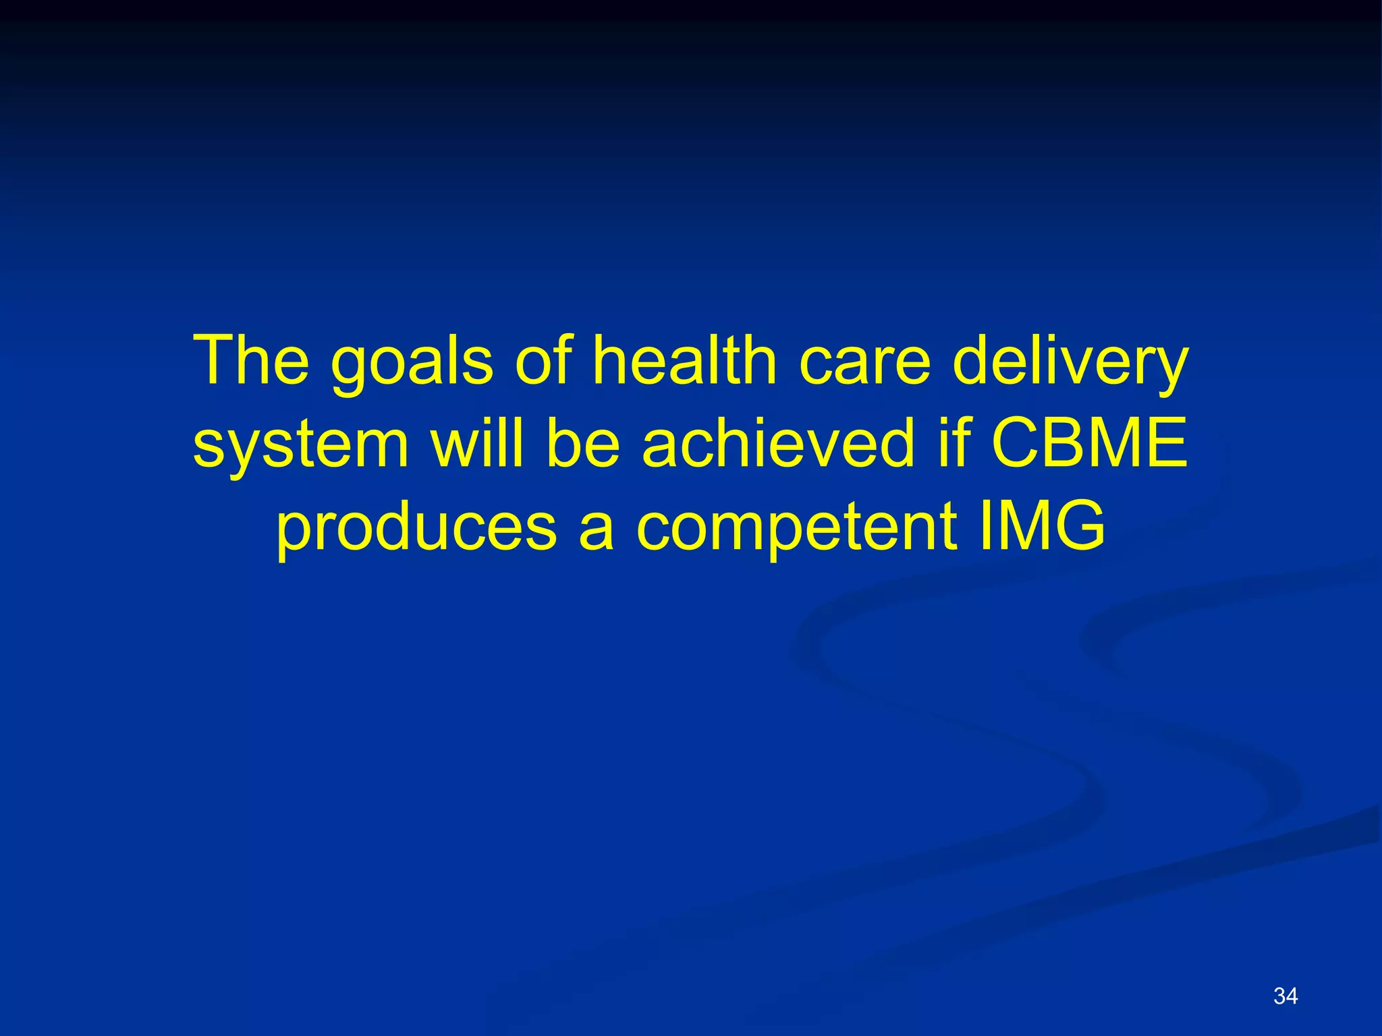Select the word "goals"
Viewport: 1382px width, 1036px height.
(x=412, y=364)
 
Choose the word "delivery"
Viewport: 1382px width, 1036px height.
(x=1070, y=364)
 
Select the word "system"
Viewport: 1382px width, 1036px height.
(x=301, y=445)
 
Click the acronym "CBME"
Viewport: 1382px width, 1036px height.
(x=1089, y=442)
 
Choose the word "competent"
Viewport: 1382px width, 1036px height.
(x=796, y=528)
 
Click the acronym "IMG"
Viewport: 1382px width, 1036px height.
(x=1042, y=525)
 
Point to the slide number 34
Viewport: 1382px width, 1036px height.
(x=1285, y=996)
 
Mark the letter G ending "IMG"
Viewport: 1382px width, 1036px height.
(x=1078, y=525)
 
